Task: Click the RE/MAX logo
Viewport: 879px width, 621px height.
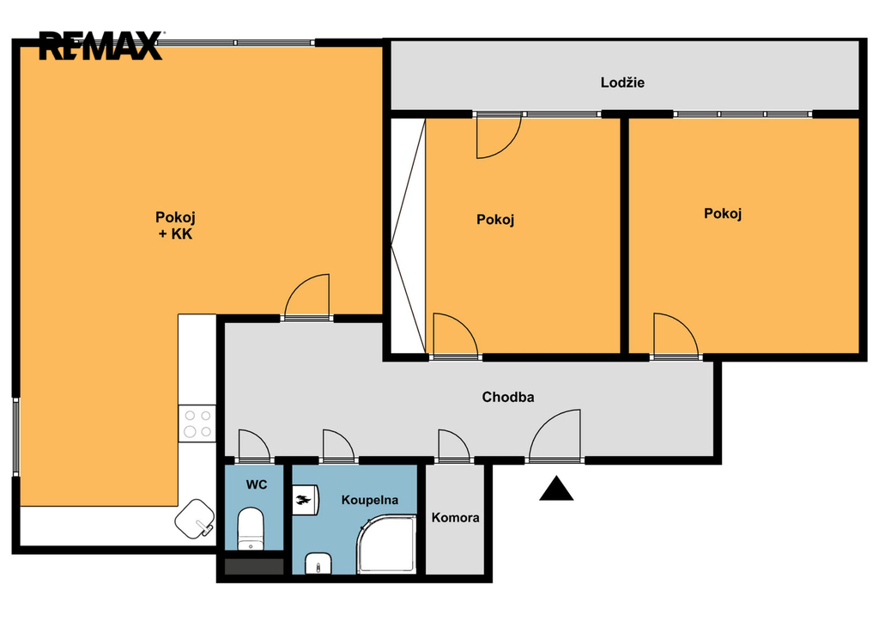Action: coord(100,46)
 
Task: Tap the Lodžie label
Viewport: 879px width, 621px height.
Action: coord(622,82)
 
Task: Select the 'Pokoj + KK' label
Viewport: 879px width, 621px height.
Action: coord(175,226)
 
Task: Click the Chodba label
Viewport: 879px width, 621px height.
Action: coord(508,397)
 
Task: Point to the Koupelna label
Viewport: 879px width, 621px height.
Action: coord(370,500)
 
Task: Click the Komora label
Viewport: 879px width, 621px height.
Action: coord(455,518)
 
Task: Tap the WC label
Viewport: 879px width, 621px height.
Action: coord(256,484)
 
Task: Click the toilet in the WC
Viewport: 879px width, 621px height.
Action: coord(251,529)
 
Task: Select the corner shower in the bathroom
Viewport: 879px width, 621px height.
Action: coord(387,544)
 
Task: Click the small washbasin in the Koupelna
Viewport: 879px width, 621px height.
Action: coord(318,563)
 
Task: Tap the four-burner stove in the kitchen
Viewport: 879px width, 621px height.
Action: coord(197,423)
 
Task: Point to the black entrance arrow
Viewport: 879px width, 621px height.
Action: coord(556,488)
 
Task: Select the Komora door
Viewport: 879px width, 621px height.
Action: coord(453,446)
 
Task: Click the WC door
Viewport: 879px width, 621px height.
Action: coord(254,446)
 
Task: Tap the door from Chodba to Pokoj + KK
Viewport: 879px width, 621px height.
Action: coord(306,296)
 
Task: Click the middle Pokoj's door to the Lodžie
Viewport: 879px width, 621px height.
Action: coord(499,136)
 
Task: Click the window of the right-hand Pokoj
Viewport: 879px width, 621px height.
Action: coord(743,114)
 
